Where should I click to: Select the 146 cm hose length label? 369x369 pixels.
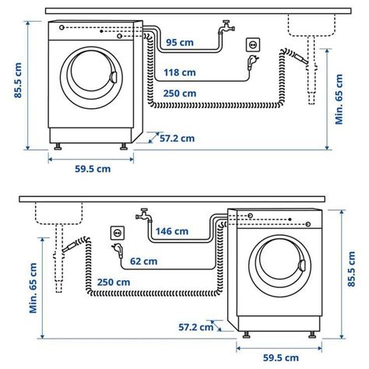point(172,230)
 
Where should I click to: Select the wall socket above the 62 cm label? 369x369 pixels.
point(118,231)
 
